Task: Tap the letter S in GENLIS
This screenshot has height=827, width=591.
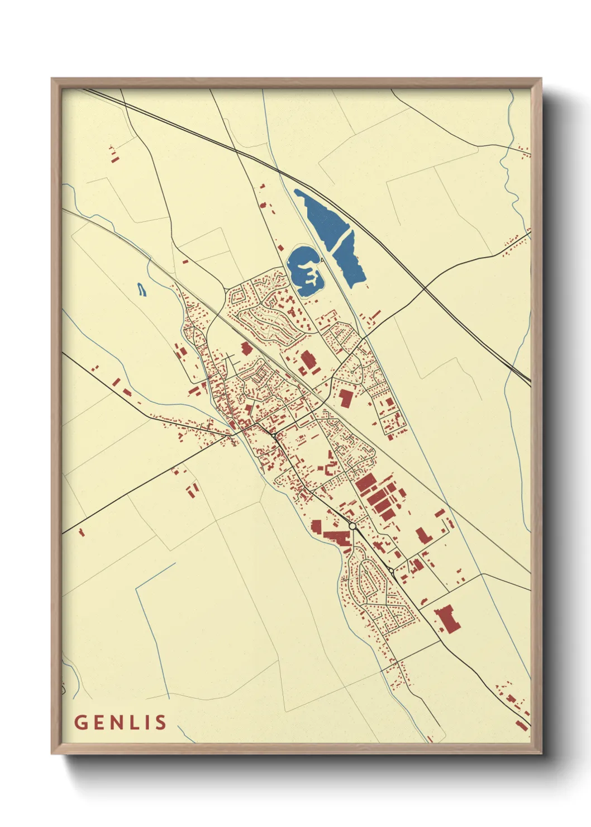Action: pos(161,723)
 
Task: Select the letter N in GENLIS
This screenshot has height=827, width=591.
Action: pos(116,723)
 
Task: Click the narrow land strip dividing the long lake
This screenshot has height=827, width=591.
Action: pos(339,240)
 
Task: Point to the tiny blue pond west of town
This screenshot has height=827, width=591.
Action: pos(141,289)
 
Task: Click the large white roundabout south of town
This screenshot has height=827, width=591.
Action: pos(352,526)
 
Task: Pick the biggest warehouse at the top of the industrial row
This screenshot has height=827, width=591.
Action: pos(365,482)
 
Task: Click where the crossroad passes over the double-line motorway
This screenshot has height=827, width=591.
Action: pos(424,288)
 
